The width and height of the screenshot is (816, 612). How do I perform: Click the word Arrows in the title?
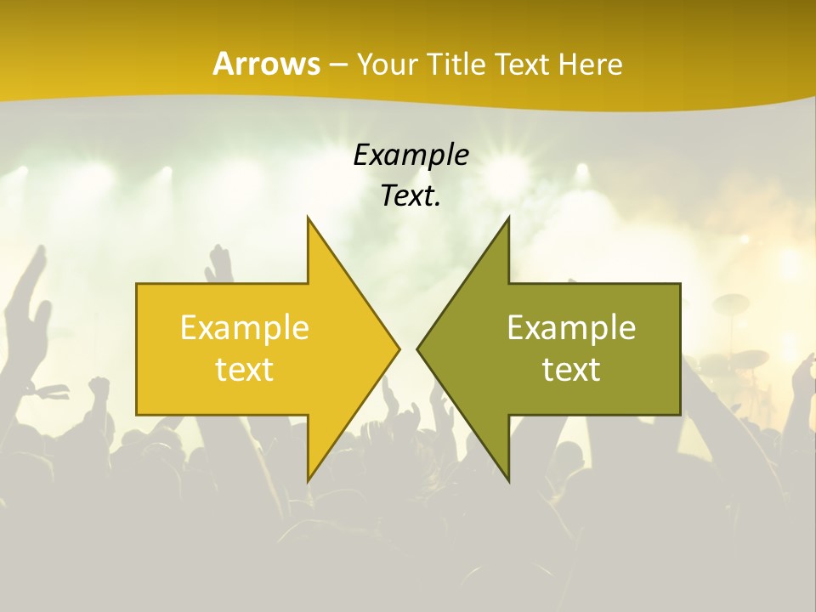pyautogui.click(x=266, y=64)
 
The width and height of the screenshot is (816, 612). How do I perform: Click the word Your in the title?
pyautogui.click(x=388, y=64)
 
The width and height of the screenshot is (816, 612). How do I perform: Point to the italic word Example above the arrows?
pyautogui.click(x=411, y=155)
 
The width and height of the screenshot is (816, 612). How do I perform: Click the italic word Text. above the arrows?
pyautogui.click(x=411, y=195)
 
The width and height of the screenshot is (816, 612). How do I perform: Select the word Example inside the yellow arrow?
pyautogui.click(x=245, y=328)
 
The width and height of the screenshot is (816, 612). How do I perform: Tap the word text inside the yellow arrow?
pyautogui.click(x=245, y=369)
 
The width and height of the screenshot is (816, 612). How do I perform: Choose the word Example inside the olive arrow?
pyautogui.click(x=571, y=328)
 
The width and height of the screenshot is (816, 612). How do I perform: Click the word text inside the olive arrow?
pyautogui.click(x=571, y=369)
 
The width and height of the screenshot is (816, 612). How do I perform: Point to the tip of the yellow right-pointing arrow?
pyautogui.click(x=399, y=349)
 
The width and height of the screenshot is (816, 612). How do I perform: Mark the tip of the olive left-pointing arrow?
pyautogui.click(x=416, y=349)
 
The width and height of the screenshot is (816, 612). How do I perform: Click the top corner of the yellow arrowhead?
pyautogui.click(x=308, y=218)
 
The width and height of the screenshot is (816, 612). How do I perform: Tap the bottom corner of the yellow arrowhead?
pyautogui.click(x=308, y=481)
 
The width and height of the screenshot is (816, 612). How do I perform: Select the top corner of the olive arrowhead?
pyautogui.click(x=508, y=218)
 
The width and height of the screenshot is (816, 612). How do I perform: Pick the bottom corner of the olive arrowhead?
pyautogui.click(x=508, y=481)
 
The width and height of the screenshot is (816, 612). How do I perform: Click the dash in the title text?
pyautogui.click(x=337, y=65)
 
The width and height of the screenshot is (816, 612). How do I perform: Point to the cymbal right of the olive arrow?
pyautogui.click(x=730, y=302)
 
